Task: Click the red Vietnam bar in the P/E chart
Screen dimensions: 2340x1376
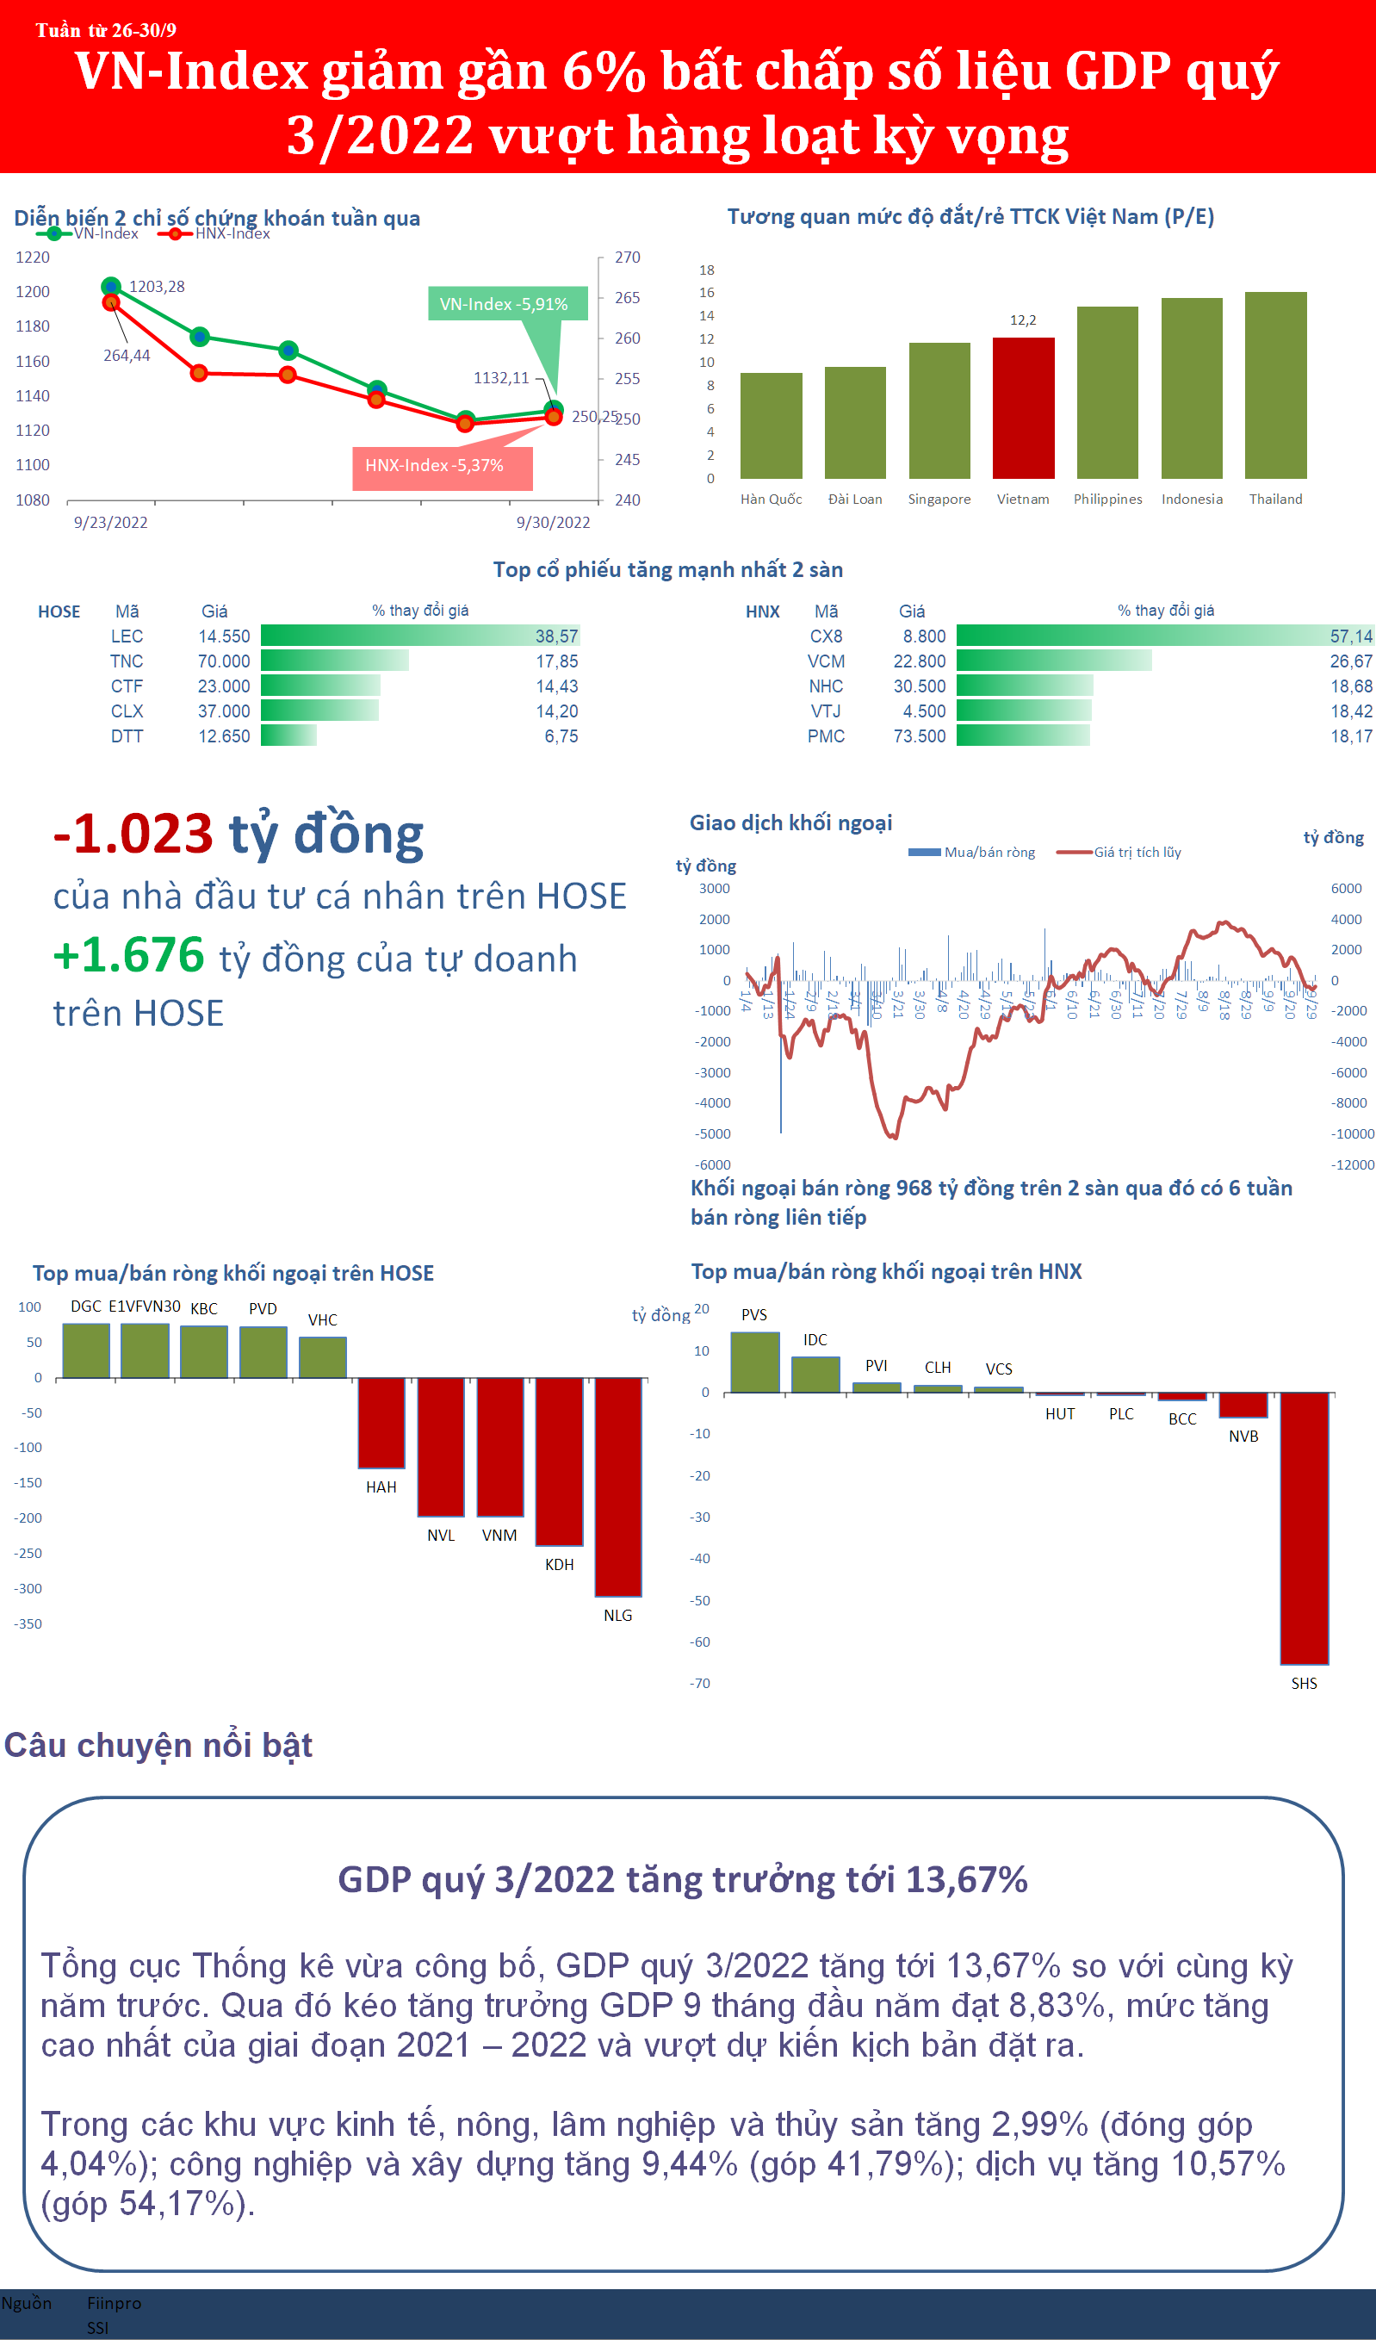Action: pos(1023,408)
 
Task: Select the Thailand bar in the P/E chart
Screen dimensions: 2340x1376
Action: pos(1276,385)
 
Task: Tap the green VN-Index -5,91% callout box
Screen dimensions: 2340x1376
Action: pos(506,304)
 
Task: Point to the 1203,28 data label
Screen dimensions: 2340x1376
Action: pos(157,286)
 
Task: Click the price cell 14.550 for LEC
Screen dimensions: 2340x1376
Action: pos(224,636)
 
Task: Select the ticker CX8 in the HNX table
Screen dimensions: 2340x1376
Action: pos(826,636)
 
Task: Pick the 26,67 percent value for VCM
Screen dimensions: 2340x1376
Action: pos(1350,661)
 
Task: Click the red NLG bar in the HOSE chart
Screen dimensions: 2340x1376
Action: pos(617,1486)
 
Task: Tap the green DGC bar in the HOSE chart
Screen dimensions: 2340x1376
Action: pos(86,1350)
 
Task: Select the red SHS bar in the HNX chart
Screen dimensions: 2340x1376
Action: pos(1304,1528)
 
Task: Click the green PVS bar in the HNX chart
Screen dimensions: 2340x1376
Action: pos(755,1362)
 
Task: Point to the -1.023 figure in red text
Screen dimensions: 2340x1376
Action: pos(133,833)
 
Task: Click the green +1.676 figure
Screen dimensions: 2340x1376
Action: pos(129,954)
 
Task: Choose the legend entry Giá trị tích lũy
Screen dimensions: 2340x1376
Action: pos(1137,853)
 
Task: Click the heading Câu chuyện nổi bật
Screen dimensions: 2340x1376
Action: pos(158,1745)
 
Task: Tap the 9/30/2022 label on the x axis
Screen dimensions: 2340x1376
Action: pos(554,522)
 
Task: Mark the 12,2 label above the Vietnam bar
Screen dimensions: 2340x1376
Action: pos(1022,320)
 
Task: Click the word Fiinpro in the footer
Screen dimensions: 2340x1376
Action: pos(115,2302)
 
